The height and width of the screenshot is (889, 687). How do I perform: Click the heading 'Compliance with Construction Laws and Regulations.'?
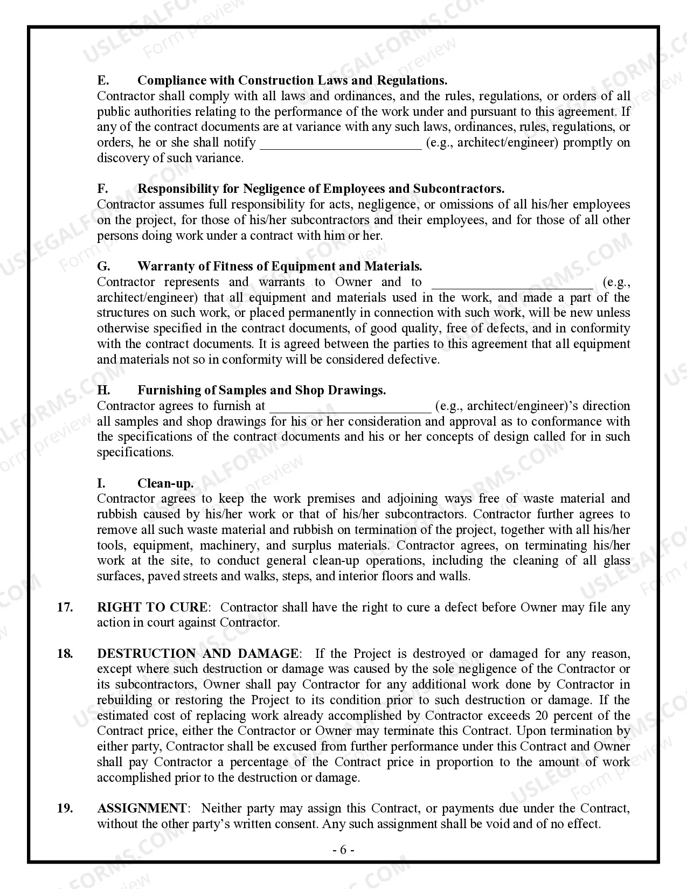292,80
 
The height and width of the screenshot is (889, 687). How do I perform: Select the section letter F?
102,189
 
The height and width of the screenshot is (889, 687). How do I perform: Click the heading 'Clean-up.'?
165,483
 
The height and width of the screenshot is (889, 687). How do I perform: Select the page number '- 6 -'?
343,850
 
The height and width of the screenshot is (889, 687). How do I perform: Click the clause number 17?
65,607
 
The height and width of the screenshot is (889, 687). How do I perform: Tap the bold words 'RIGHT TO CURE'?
151,607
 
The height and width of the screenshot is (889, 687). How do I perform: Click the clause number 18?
65,654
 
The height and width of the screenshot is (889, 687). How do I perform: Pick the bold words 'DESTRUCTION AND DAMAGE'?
197,654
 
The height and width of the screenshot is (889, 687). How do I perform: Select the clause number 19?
65,808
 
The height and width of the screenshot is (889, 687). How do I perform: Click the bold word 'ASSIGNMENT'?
142,808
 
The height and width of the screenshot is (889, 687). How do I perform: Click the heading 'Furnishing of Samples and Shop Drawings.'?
261,390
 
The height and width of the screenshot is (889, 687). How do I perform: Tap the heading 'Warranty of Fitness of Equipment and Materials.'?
280,266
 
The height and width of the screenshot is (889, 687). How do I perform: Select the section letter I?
101,483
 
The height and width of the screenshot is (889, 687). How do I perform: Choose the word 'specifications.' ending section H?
135,452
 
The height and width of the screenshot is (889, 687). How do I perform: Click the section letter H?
103,390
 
